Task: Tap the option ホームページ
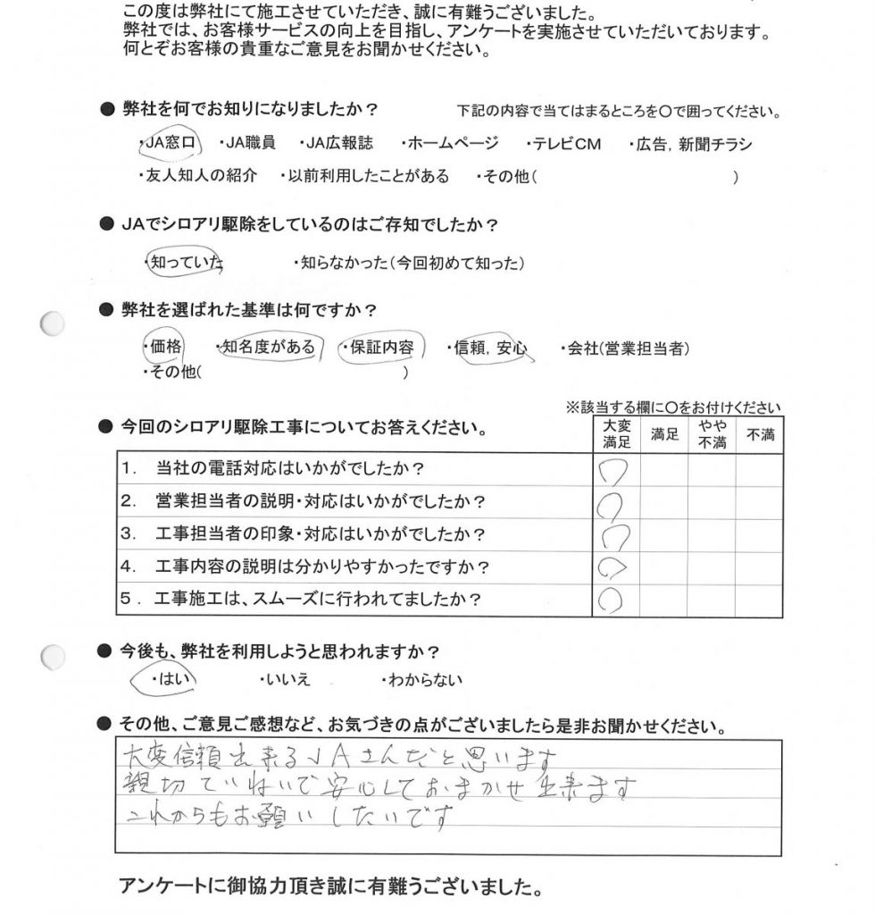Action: click(451, 144)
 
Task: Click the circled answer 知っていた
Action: click(185, 263)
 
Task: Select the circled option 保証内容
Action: click(382, 346)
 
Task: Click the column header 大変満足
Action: click(616, 435)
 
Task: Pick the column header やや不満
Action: click(711, 435)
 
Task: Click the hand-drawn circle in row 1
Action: click(616, 469)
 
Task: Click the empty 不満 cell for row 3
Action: click(759, 534)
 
